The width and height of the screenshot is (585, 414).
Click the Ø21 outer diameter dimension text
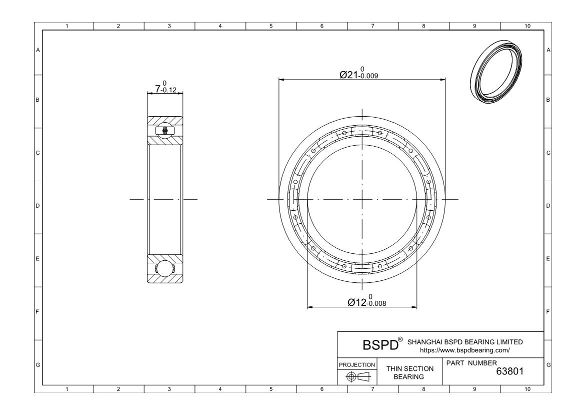click(x=358, y=75)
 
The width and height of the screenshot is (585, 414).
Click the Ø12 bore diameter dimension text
click(x=366, y=302)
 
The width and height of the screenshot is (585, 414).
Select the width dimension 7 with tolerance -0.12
click(x=165, y=89)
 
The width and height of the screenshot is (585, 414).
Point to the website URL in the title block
click(x=464, y=350)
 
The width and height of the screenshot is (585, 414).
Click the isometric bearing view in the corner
click(x=496, y=73)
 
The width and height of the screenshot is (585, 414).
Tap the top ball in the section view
click(x=165, y=131)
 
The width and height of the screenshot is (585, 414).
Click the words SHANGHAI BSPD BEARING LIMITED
click(x=465, y=342)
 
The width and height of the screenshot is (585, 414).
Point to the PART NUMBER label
click(x=471, y=363)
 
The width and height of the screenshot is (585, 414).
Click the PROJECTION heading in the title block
click(x=357, y=365)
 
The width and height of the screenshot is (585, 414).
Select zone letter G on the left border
click(x=38, y=365)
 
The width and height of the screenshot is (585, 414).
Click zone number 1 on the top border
click(x=67, y=26)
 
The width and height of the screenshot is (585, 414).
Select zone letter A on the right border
click(x=548, y=50)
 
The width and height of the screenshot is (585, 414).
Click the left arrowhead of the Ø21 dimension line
click(x=281, y=79)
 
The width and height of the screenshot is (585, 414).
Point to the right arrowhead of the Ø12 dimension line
click(x=414, y=307)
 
